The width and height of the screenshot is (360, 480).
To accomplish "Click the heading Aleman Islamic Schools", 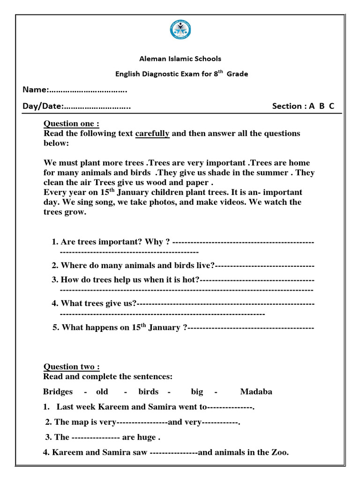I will (x=180, y=59).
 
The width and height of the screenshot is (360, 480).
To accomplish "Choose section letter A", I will (x=311, y=106).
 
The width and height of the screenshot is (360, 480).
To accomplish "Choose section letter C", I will (x=331, y=106).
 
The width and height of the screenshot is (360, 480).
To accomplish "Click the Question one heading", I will (x=71, y=124).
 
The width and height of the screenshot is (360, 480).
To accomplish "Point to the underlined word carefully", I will (x=152, y=134).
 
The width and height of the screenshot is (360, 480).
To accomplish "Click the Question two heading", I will (x=71, y=367).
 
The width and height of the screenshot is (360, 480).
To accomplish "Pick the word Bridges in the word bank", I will (x=58, y=392).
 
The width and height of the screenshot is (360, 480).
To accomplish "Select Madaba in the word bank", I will (x=256, y=392).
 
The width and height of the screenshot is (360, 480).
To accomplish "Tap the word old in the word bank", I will (x=102, y=392).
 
